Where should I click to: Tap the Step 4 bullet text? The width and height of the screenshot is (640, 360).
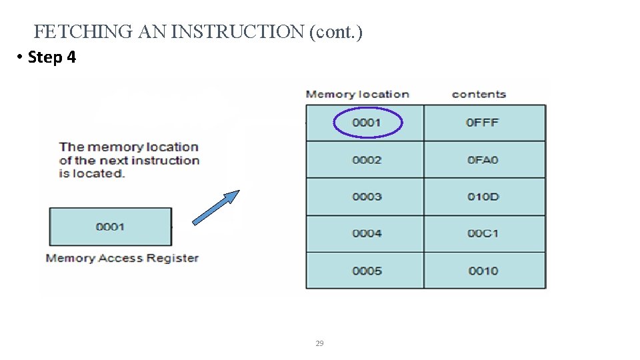52,57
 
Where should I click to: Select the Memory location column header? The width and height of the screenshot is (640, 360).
357,94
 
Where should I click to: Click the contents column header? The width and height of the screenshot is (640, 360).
479,94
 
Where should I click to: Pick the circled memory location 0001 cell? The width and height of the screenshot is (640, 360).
367,123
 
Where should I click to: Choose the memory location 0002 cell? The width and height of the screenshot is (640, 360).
367,160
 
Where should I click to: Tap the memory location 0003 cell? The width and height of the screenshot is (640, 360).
367,197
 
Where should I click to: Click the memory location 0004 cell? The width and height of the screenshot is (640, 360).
367,233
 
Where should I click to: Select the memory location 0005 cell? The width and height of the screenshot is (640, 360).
367,271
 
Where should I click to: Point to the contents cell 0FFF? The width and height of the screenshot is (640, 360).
483,123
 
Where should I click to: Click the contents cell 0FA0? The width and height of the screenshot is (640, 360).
483,160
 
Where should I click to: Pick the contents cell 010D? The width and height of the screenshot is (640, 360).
483,197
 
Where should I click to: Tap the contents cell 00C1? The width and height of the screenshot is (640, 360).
483,233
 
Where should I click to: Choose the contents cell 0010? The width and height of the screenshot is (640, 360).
483,271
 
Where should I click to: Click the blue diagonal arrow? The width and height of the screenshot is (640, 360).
215,207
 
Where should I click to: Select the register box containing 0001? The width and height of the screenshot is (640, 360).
110,227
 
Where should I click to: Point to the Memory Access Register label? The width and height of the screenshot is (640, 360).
122,258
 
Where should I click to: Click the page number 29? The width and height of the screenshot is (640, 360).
319,343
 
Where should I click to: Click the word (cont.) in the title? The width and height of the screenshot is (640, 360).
335,31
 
